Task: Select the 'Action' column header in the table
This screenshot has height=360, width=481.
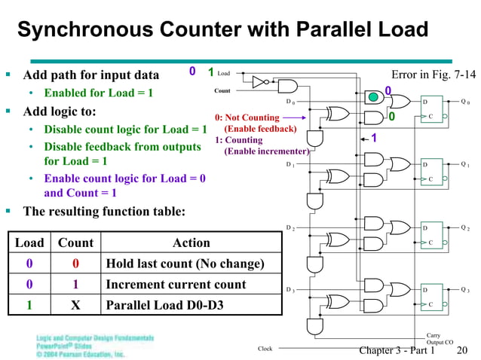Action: coord(191,243)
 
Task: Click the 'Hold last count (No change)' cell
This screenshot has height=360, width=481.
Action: coord(185,264)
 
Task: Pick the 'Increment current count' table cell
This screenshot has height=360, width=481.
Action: coord(176,285)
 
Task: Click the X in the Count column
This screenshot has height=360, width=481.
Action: coord(75,306)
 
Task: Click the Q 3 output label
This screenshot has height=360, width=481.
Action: coord(464,290)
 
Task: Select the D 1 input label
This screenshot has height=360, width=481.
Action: coord(290,164)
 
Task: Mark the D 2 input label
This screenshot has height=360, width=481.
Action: coord(290,227)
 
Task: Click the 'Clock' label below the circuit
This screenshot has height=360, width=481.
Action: coord(265,349)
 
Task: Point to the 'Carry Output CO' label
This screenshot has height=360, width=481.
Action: coord(440,339)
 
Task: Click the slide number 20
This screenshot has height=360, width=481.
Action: coord(462,350)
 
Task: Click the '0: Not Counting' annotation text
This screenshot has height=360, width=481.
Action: coord(247,118)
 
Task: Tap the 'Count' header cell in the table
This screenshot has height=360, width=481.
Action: coord(75,243)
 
